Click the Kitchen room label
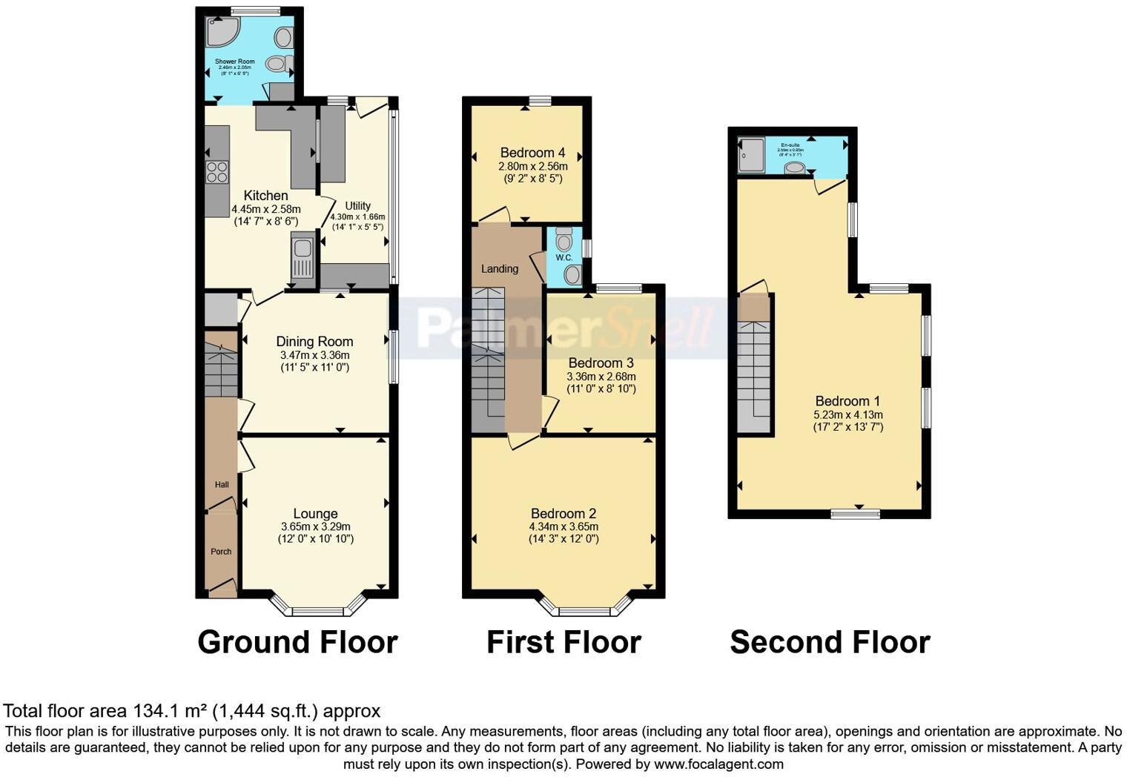click(265, 196)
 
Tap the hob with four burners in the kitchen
click(217, 172)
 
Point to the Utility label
click(357, 206)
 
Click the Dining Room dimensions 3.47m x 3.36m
click(314, 355)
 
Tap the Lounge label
click(315, 514)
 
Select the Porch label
click(221, 552)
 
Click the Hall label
click(222, 485)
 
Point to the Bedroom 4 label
click(532, 153)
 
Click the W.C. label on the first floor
click(563, 258)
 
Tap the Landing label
click(499, 269)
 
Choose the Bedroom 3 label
click(601, 363)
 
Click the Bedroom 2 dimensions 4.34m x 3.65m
click(563, 526)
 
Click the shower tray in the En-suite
click(750, 154)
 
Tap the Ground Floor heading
click(297, 642)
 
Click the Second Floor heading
click(830, 642)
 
